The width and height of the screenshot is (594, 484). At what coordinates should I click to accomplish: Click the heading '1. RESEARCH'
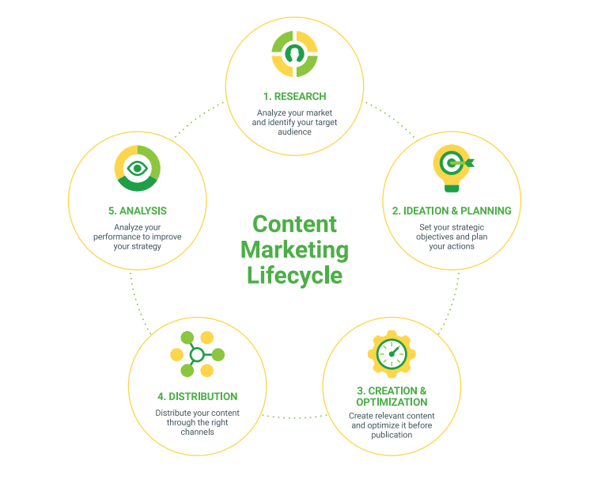[294, 97]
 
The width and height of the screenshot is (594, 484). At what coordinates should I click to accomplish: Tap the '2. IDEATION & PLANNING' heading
[452, 211]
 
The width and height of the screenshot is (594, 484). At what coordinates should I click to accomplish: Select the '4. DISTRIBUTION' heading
[197, 396]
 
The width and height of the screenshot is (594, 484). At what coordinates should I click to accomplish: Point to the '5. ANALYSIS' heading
[138, 212]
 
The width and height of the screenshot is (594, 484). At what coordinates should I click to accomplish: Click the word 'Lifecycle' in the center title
[294, 274]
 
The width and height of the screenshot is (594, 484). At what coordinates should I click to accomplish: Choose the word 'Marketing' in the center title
[294, 250]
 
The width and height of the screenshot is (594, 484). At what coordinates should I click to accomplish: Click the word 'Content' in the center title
[294, 224]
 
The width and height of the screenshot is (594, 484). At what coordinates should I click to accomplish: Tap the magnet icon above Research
[294, 54]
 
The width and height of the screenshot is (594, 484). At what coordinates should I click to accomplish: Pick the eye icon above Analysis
[138, 168]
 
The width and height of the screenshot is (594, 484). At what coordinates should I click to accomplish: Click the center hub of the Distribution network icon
[197, 354]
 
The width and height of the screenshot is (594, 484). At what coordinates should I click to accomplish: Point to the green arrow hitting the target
[466, 163]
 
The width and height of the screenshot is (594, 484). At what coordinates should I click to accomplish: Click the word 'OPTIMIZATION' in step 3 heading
[392, 402]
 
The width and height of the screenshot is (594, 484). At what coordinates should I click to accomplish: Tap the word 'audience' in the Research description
[294, 131]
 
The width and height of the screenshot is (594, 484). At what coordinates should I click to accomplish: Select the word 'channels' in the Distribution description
[198, 432]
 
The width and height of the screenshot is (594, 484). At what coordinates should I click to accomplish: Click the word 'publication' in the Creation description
[392, 435]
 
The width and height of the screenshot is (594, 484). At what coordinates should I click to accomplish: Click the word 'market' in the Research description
[317, 112]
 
